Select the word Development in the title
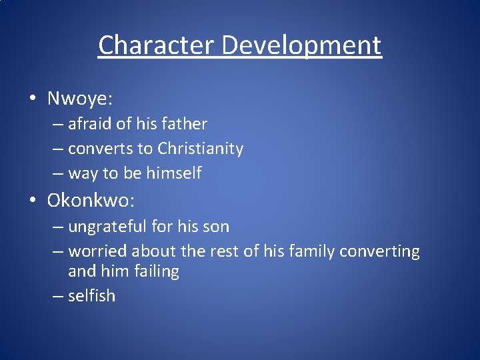pos(302,45)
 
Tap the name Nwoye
pos(79,99)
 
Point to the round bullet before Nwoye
pos(33,99)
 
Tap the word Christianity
pos(200,149)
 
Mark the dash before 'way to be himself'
pos(57,174)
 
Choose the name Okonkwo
pos(91,199)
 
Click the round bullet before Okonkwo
pos(33,200)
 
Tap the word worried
pos(97,251)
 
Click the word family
pos(311,251)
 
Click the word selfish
pos(92,295)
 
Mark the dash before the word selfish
pos(57,296)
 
